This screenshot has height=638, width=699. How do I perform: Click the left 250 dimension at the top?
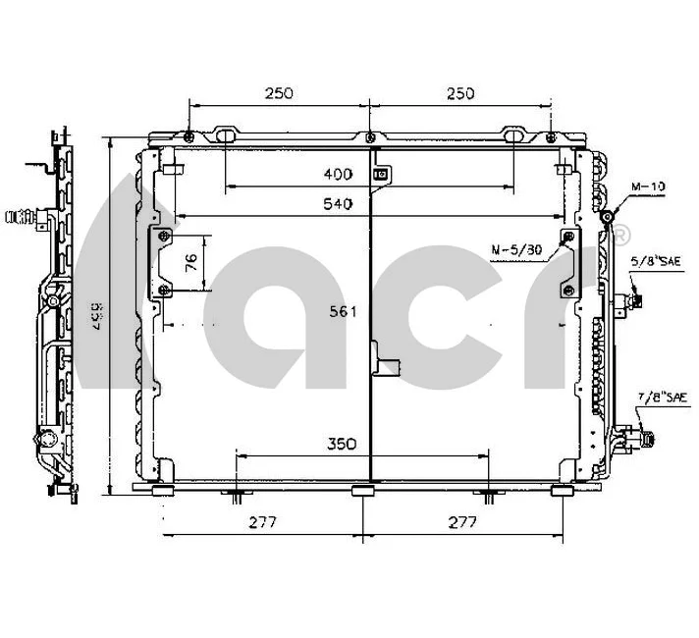[x=279, y=93]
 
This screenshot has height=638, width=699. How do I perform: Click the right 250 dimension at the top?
[x=459, y=93]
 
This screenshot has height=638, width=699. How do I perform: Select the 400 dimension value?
[x=338, y=175]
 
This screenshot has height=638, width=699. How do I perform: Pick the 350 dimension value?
[x=341, y=443]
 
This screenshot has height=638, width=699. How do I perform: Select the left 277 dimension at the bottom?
[x=263, y=522]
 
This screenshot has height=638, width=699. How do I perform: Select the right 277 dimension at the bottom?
[x=460, y=522]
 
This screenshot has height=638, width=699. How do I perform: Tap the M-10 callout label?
[x=648, y=185]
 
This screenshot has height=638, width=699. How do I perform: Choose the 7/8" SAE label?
[x=659, y=397]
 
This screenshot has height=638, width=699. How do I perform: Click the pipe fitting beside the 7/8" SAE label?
[x=643, y=432]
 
